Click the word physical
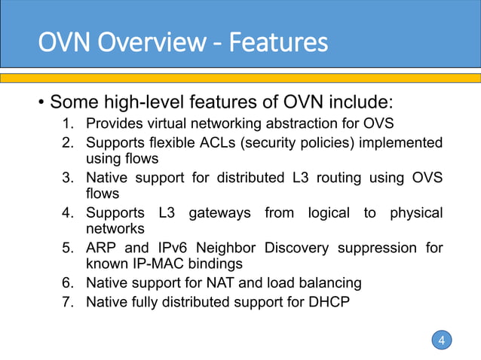[416, 213]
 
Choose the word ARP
[100, 248]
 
